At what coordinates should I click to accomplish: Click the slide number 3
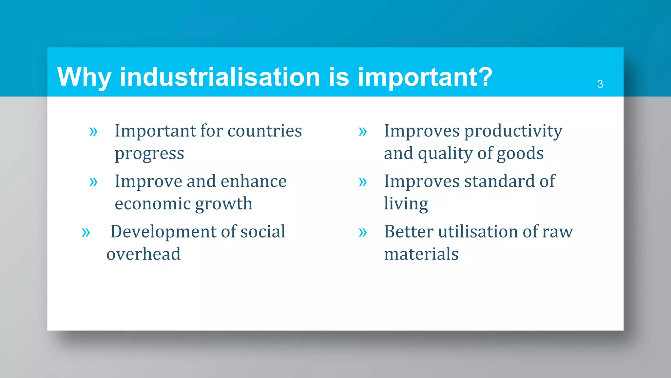point(600,84)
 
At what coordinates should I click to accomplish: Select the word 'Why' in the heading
point(84,77)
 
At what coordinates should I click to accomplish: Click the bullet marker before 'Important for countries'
point(94,132)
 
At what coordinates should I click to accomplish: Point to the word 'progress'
point(149,154)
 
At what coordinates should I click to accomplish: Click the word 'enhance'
point(254,181)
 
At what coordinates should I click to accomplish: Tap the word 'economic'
point(153,204)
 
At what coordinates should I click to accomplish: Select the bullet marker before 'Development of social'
point(86,233)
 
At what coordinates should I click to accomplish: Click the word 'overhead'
point(144,254)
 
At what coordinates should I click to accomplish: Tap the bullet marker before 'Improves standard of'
point(363,182)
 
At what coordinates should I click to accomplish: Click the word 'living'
point(406,204)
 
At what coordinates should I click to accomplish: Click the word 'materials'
point(421,254)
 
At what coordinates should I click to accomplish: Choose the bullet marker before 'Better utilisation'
point(363,233)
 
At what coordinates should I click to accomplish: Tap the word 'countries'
point(265,131)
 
